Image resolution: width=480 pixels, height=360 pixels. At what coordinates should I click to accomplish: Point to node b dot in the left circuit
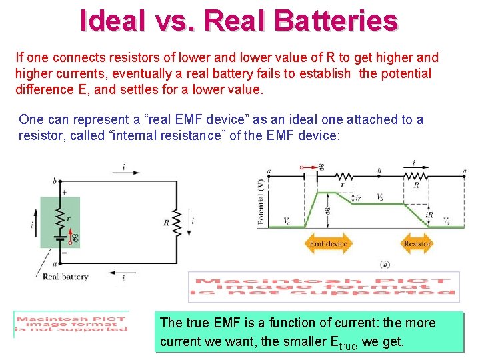59,181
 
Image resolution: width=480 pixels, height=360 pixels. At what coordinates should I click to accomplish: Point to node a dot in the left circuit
59,263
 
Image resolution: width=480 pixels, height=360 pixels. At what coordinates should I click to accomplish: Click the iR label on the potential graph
429,215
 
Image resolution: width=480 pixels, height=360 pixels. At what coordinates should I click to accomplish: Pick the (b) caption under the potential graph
385,264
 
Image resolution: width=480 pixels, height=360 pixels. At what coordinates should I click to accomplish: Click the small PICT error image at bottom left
71,324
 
